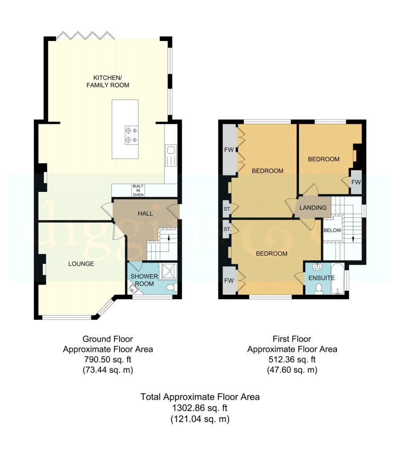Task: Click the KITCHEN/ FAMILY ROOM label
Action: (x=108, y=81)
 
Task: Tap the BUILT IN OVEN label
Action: (x=138, y=190)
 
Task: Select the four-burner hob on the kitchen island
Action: (x=132, y=135)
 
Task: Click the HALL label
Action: (x=145, y=214)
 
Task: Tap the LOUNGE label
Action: (x=81, y=264)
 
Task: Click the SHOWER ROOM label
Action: (x=144, y=280)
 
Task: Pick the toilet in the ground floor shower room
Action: (x=172, y=287)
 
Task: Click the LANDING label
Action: (x=313, y=208)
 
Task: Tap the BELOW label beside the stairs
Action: (x=332, y=230)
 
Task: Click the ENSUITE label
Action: (x=321, y=278)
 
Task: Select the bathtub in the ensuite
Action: (x=338, y=279)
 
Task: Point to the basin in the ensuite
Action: (x=318, y=266)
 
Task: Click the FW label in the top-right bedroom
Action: (x=356, y=182)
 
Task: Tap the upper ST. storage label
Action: (x=227, y=209)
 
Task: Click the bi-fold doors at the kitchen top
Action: (x=85, y=35)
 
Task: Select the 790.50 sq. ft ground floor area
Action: (x=108, y=359)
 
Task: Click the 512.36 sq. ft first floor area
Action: (x=292, y=359)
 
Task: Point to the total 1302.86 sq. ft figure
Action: (x=200, y=408)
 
